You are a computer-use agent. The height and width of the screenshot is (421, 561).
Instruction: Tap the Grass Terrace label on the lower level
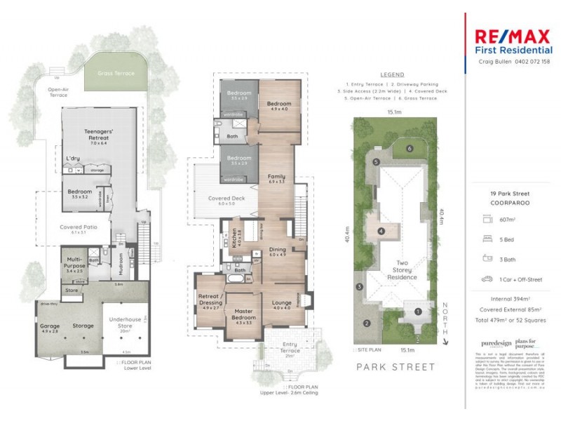pyautogui.click(x=116, y=72)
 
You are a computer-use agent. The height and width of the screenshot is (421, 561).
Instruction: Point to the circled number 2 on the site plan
pyautogui.click(x=366, y=323)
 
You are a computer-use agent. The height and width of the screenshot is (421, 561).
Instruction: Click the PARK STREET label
pyautogui.click(x=396, y=367)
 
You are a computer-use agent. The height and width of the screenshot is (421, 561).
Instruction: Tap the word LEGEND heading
pyautogui.click(x=392, y=74)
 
